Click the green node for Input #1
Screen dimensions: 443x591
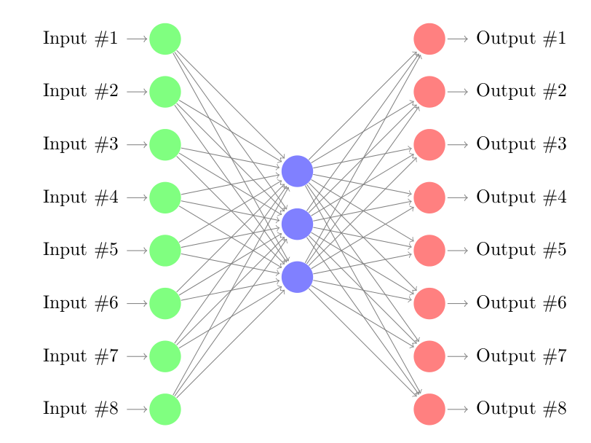click(x=165, y=39)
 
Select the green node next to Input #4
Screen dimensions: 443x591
click(x=165, y=197)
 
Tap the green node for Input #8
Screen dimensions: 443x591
click(x=165, y=409)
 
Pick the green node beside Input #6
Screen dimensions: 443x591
click(x=165, y=303)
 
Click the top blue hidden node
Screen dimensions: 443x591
click(x=297, y=171)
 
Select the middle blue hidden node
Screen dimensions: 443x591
click(x=297, y=224)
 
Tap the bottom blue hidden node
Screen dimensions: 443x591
click(x=297, y=277)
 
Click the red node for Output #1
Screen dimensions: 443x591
click(x=429, y=39)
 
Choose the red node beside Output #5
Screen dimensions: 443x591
click(x=429, y=251)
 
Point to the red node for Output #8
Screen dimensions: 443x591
click(x=429, y=409)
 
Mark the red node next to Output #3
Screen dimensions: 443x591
click(x=429, y=144)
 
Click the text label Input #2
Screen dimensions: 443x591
click(x=80, y=92)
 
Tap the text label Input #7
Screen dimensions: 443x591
click(x=80, y=356)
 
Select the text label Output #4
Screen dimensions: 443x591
click(x=521, y=197)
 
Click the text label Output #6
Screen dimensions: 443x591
click(x=521, y=303)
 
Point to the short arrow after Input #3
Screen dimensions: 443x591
click(x=136, y=144)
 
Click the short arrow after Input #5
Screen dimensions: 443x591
click(x=136, y=251)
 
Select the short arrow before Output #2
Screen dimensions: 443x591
click(x=458, y=92)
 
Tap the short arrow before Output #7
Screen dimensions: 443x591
click(x=458, y=356)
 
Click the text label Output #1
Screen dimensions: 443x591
click(x=521, y=39)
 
